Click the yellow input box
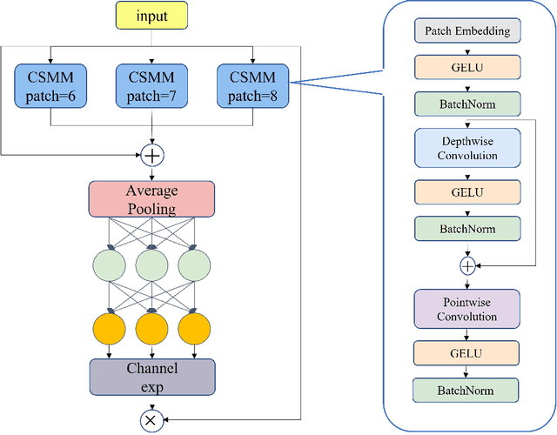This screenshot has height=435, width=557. click(152, 16)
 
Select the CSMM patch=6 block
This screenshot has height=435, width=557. click(50, 84)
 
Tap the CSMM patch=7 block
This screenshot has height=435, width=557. click(152, 84)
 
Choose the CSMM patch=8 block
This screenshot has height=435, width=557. click(253, 84)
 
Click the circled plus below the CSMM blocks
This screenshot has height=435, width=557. click(152, 155)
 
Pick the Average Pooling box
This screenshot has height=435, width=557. click(152, 199)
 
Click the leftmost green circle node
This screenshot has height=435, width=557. click(110, 265)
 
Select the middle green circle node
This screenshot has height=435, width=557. click(152, 265)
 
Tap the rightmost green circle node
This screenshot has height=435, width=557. click(194, 265)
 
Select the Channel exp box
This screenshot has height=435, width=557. click(152, 376)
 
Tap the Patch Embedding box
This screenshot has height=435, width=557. click(467, 31)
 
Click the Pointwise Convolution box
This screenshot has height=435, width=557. click(467, 309)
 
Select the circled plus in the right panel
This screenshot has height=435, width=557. click(467, 264)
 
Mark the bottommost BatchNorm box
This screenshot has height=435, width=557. click(467, 390)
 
